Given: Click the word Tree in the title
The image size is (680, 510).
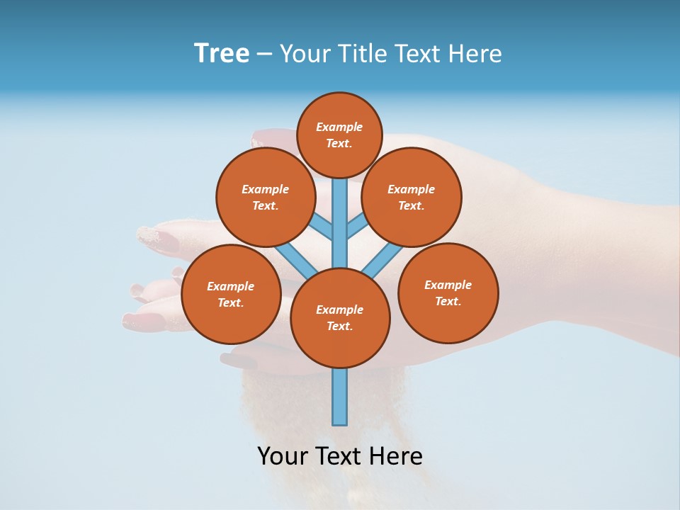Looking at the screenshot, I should click(x=222, y=54).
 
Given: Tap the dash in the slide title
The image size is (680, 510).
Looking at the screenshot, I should click(x=264, y=55).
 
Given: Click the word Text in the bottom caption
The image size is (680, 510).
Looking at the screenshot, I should click(x=340, y=456).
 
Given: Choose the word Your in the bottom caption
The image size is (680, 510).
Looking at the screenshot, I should click(x=283, y=456).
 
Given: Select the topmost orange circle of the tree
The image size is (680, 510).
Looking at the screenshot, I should click(x=339, y=135).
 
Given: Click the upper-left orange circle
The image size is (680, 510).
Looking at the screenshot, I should click(x=266, y=197).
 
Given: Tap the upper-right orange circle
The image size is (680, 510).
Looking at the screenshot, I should click(x=412, y=197).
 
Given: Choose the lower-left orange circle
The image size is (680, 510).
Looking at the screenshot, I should click(x=231, y=294).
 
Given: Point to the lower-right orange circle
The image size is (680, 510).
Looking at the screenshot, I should click(x=448, y=293).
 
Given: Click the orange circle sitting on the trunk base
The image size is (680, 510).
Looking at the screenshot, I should click(x=340, y=317).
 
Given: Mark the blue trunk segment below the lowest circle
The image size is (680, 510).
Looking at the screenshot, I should click(x=340, y=397).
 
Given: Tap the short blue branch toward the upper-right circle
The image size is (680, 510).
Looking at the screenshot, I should click(x=356, y=226).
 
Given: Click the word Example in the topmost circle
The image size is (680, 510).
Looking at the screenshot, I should click(x=339, y=127).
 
